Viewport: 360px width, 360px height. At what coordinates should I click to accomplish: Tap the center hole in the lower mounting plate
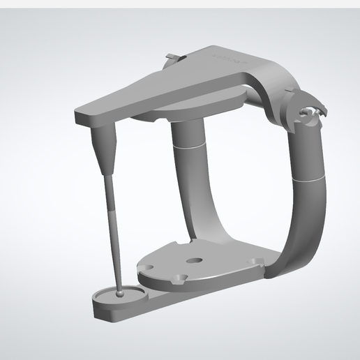pyautogui.click(x=195, y=261)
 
